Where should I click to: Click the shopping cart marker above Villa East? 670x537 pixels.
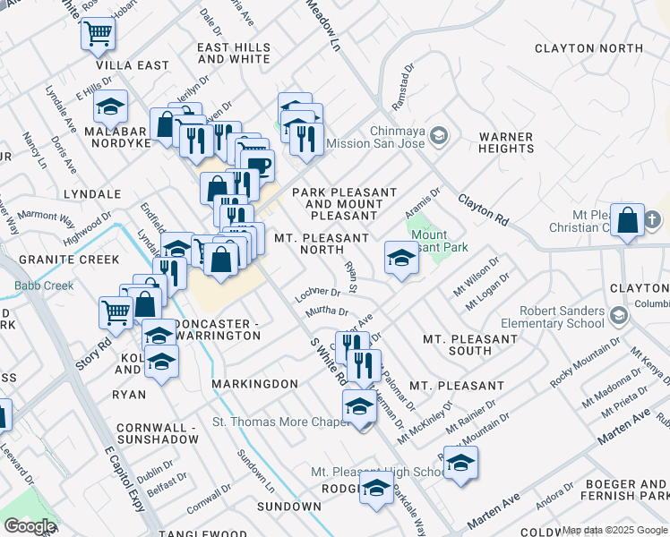(98, 34)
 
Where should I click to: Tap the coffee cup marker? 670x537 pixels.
(257, 166)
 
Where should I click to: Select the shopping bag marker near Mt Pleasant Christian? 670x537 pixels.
(628, 220)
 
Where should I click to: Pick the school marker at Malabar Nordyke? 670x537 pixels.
(110, 107)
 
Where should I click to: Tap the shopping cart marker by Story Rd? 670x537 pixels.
(116, 312)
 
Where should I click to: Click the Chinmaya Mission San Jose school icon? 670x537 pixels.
(438, 135)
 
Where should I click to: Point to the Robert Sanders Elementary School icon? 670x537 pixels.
(618, 315)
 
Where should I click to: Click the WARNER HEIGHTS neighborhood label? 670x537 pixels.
(506, 143)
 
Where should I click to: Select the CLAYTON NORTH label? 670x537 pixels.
(588, 48)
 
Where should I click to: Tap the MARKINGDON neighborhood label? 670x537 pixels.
(254, 384)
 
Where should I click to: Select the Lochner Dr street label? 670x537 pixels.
(317, 293)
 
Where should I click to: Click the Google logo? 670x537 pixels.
(30, 526)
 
